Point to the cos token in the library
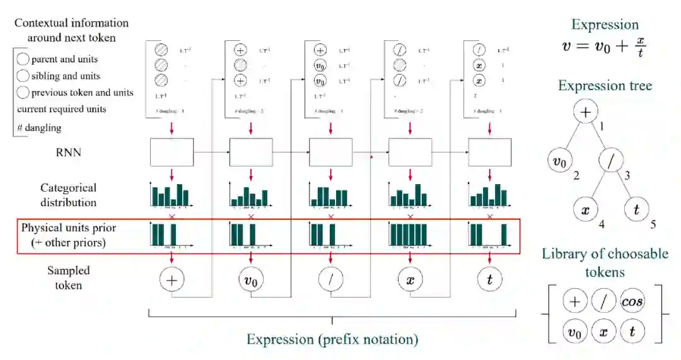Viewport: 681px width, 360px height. pyautogui.click(x=632, y=301)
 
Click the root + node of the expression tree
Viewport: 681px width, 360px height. pyautogui.click(x=585, y=112)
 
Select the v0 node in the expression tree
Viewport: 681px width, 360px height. pyautogui.click(x=560, y=162)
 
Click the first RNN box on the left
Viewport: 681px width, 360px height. pyautogui.click(x=172, y=152)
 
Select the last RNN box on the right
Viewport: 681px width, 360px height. pyautogui.click(x=489, y=152)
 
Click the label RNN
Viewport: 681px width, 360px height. pyautogui.click(x=69, y=152)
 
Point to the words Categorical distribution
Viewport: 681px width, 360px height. pyautogui.click(x=69, y=195)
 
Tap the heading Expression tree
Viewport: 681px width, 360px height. pyautogui.click(x=605, y=86)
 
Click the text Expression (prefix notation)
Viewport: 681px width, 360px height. pyautogui.click(x=332, y=339)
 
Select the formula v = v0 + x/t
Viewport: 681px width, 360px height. pyautogui.click(x=604, y=48)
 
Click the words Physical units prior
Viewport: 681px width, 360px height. pyautogui.click(x=69, y=228)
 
